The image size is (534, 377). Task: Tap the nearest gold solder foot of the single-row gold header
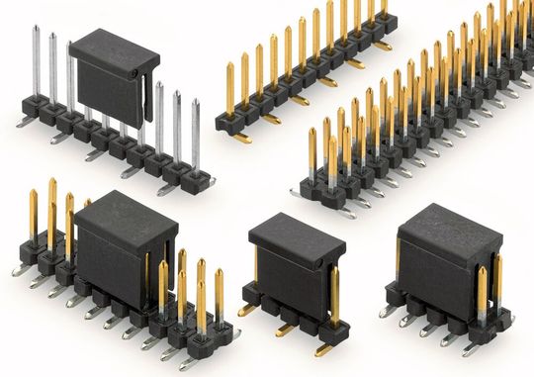click(x=240, y=139)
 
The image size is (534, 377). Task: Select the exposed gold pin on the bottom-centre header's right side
click(x=334, y=293)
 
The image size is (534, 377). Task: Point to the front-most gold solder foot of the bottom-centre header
click(x=324, y=349)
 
